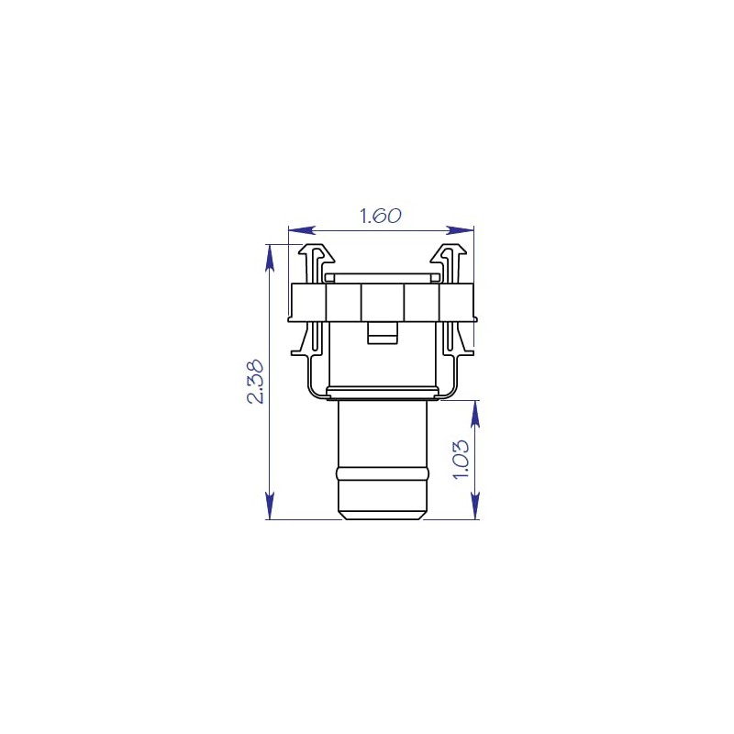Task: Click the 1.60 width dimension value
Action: point(380,217)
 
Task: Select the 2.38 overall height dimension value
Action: point(256,381)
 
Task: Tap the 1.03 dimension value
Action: point(462,459)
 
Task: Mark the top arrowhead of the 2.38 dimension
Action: point(270,256)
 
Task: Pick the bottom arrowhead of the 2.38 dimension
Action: point(270,506)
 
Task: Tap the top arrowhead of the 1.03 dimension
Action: point(475,413)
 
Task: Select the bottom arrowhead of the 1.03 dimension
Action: point(475,506)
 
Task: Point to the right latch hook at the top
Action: point(450,258)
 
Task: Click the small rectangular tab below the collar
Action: point(382,332)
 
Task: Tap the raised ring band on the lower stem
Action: point(383,473)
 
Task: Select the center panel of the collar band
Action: point(383,302)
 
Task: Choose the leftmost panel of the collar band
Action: point(308,302)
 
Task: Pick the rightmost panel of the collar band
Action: point(457,302)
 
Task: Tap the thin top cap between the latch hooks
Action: point(383,276)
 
